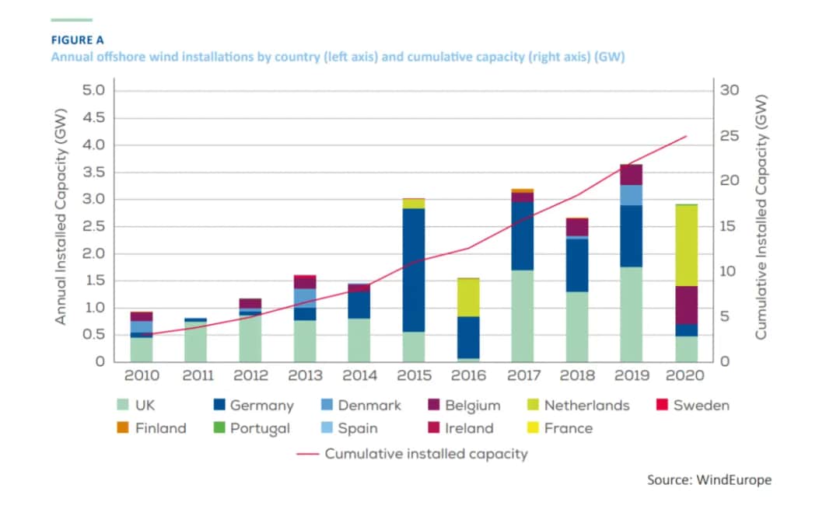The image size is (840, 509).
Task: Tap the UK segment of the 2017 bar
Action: tap(522, 316)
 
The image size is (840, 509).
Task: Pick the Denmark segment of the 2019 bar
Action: tap(631, 195)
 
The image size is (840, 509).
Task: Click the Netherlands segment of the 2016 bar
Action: tap(467, 297)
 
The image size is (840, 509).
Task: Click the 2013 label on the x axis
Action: tap(305, 376)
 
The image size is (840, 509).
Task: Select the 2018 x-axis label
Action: tap(576, 376)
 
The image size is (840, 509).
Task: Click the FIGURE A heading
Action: tap(77, 40)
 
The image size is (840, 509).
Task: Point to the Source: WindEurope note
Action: tap(709, 479)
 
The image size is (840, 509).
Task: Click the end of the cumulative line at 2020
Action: tap(686, 136)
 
